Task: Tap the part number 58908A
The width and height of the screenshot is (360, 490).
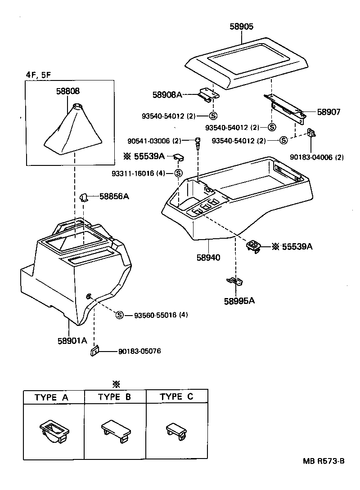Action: (167, 94)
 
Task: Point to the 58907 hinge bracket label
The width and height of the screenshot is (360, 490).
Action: (329, 112)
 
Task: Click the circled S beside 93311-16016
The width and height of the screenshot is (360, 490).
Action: (178, 174)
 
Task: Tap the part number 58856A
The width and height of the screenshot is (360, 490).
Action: (114, 196)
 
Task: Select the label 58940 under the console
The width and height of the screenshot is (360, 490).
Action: (208, 258)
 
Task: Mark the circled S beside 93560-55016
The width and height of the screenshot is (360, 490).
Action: (120, 315)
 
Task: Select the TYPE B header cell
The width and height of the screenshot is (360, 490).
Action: (115, 397)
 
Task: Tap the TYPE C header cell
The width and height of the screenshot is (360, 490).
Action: (176, 397)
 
